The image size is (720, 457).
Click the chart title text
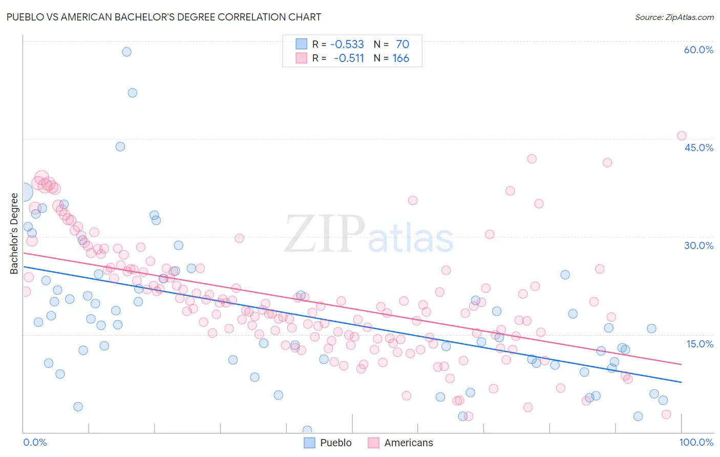click(164, 17)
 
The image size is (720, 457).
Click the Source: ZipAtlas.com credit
click(674, 17)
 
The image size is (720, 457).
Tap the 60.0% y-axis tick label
click(698, 50)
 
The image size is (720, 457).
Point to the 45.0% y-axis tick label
click(698, 148)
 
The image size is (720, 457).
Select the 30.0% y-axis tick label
click(698, 245)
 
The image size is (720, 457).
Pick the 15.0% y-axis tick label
click(700, 344)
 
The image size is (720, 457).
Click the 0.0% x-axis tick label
click(35, 442)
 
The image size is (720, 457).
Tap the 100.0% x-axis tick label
click(696, 442)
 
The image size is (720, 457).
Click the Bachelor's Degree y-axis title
click(14, 234)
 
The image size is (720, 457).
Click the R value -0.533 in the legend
click(347, 44)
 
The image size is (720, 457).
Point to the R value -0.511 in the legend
click(348, 58)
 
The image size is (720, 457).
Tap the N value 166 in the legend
click(400, 58)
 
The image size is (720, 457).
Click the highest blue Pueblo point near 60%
click(126, 52)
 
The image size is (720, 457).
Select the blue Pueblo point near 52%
click(132, 93)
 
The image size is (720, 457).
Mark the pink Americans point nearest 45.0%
click(682, 136)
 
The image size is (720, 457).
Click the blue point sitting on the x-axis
click(307, 430)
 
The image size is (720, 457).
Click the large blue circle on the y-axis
click(24, 192)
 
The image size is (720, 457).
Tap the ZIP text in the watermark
click(324, 234)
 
